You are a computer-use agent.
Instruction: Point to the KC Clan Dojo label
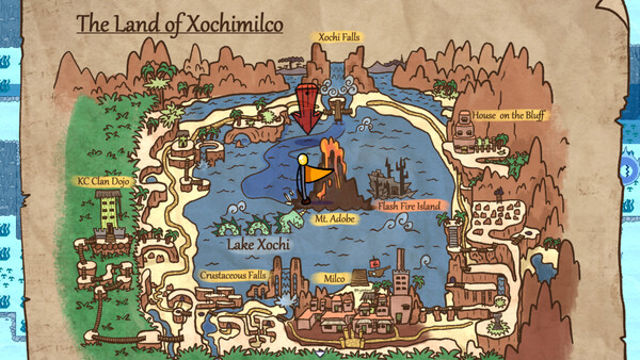point(105,182)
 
